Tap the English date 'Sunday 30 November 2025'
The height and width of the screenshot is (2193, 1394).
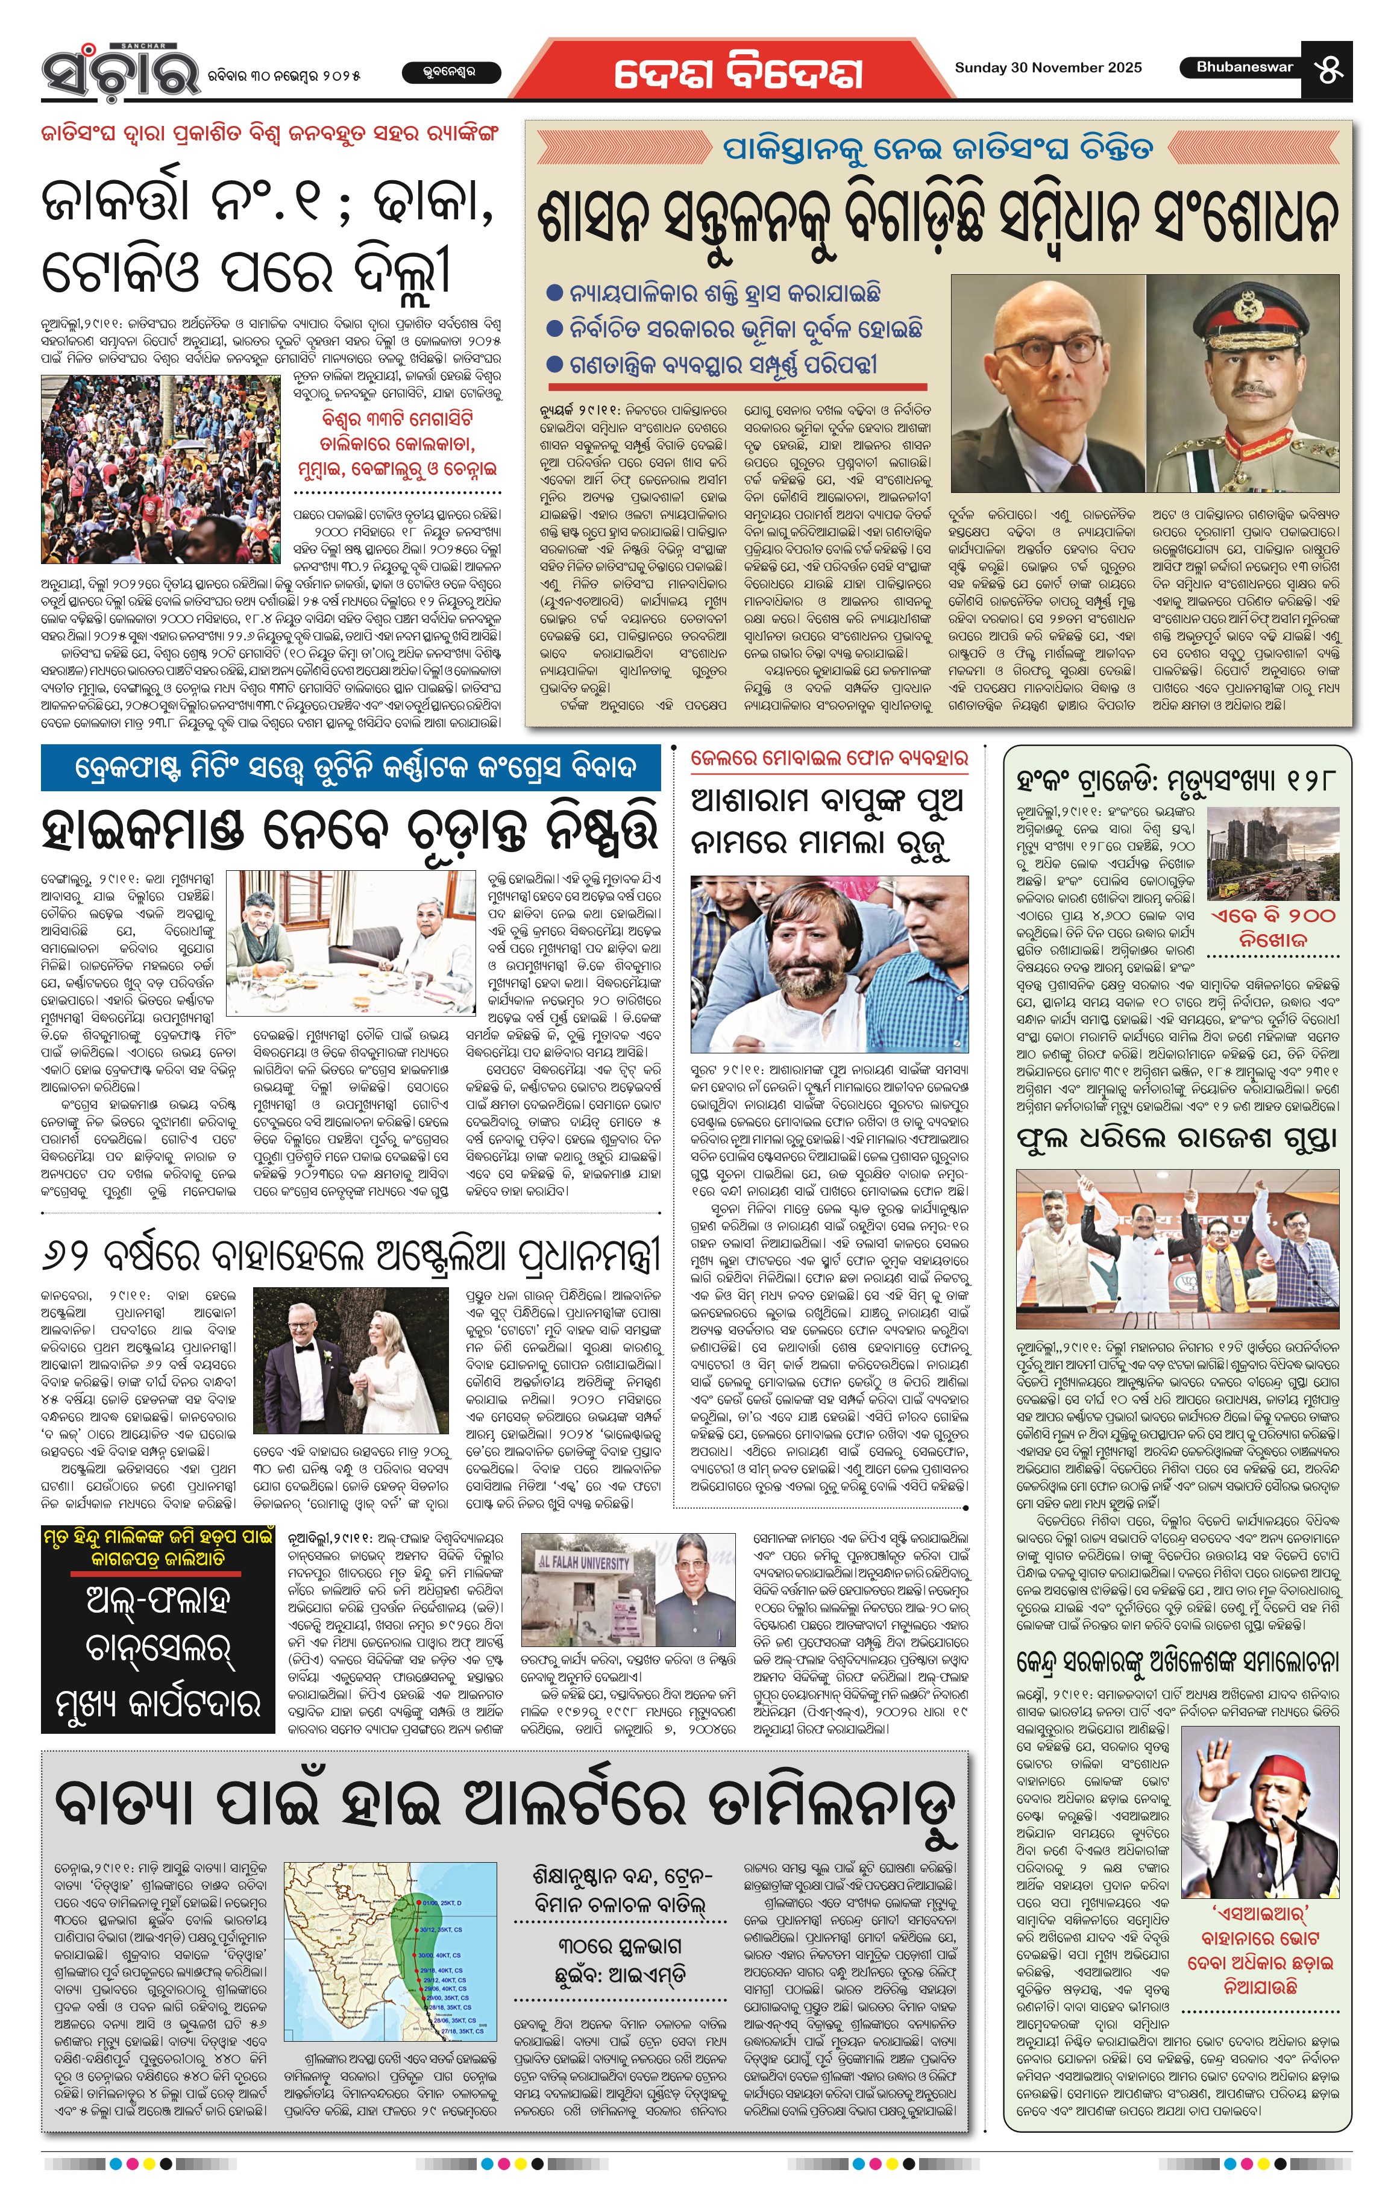pyautogui.click(x=1047, y=67)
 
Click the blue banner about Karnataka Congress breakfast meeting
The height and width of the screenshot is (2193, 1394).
pyautogui.click(x=351, y=768)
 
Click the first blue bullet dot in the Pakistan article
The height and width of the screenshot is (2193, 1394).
pyautogui.click(x=554, y=293)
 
